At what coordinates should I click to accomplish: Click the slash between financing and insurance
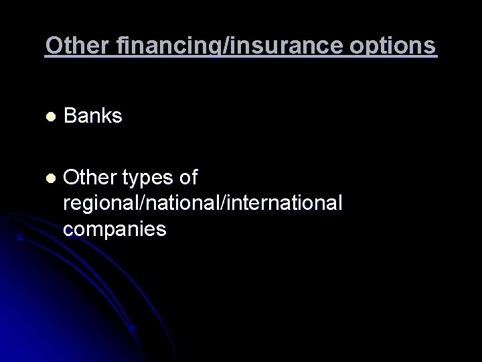(x=206, y=46)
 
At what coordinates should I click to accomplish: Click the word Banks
(x=93, y=116)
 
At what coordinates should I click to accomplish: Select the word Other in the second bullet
(x=88, y=178)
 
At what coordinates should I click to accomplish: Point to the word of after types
(x=188, y=178)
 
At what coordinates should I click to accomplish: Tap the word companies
(x=115, y=229)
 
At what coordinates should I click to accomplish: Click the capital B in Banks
(x=70, y=116)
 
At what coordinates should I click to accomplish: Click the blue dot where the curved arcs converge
(x=133, y=328)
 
